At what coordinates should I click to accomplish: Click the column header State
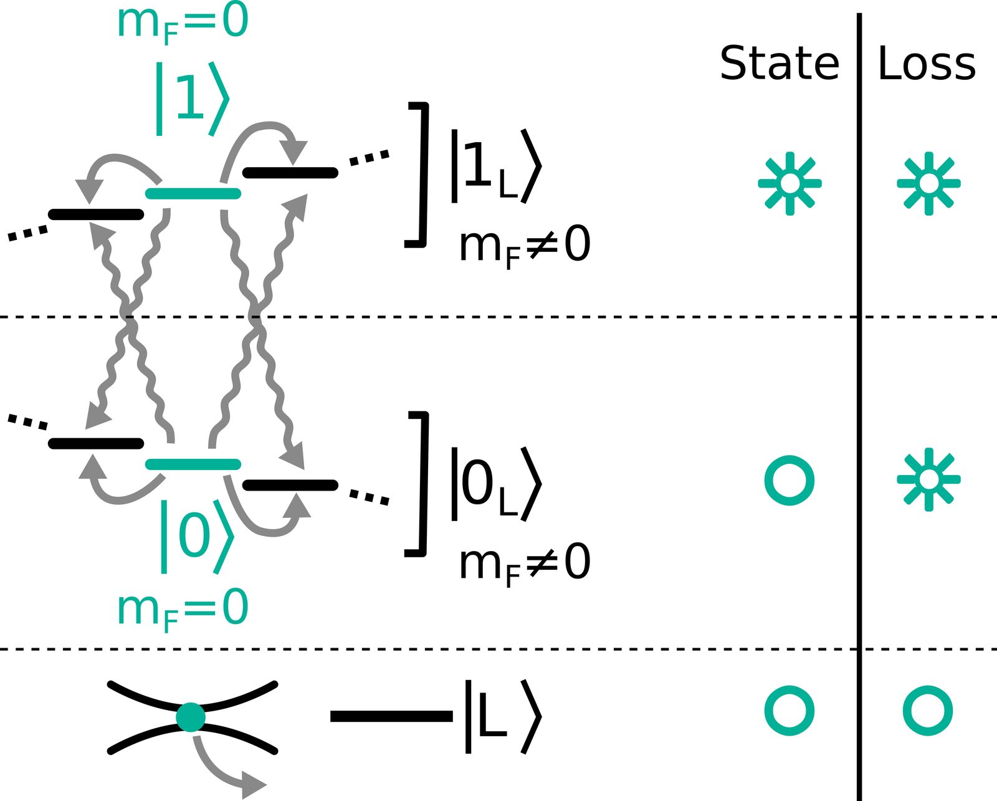point(780,62)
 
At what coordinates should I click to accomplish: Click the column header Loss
point(927,62)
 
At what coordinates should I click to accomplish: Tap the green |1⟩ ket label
point(193,98)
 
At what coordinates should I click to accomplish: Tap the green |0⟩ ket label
point(197,537)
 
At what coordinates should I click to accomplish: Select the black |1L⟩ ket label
point(496,166)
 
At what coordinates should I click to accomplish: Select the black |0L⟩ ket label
point(496,484)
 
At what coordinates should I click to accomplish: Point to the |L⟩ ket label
point(503,716)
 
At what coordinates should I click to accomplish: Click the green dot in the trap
point(191,717)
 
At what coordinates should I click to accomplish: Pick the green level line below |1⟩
point(193,193)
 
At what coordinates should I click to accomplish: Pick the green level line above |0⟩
point(193,464)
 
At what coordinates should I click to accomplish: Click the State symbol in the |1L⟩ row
point(790,183)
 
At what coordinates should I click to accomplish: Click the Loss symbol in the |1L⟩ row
point(929,183)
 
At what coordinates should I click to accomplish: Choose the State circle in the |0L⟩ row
point(789,480)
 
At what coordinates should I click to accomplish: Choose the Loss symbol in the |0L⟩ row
point(929,480)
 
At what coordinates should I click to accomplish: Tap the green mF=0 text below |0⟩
point(183,611)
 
